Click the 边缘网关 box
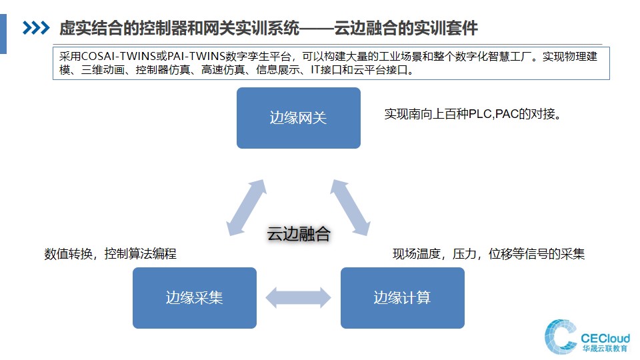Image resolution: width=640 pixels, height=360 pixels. (x=299, y=118)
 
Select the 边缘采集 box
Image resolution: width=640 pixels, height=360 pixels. (x=194, y=298)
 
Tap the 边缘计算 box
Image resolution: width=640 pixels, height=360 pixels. (x=403, y=298)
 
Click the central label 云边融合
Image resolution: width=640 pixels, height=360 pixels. (x=299, y=234)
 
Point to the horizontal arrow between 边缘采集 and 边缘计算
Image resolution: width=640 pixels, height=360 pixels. (x=299, y=297)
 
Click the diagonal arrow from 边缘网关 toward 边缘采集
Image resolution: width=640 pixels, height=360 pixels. (x=247, y=207)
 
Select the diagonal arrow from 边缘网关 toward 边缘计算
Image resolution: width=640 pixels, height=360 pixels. (x=350, y=207)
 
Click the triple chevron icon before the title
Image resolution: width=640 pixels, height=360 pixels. (x=36, y=28)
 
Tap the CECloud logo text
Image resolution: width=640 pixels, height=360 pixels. (x=605, y=339)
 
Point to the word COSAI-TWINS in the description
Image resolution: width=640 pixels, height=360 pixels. (x=119, y=56)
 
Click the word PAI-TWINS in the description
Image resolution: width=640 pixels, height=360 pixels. (x=196, y=56)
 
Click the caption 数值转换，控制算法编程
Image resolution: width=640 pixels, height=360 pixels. (x=110, y=254)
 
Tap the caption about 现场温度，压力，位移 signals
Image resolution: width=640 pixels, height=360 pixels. (x=489, y=254)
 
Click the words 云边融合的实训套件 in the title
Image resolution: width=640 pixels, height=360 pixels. (x=406, y=28)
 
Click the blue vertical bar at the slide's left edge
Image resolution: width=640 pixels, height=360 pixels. (x=3, y=34)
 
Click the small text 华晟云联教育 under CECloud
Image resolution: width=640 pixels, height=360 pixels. (x=605, y=349)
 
